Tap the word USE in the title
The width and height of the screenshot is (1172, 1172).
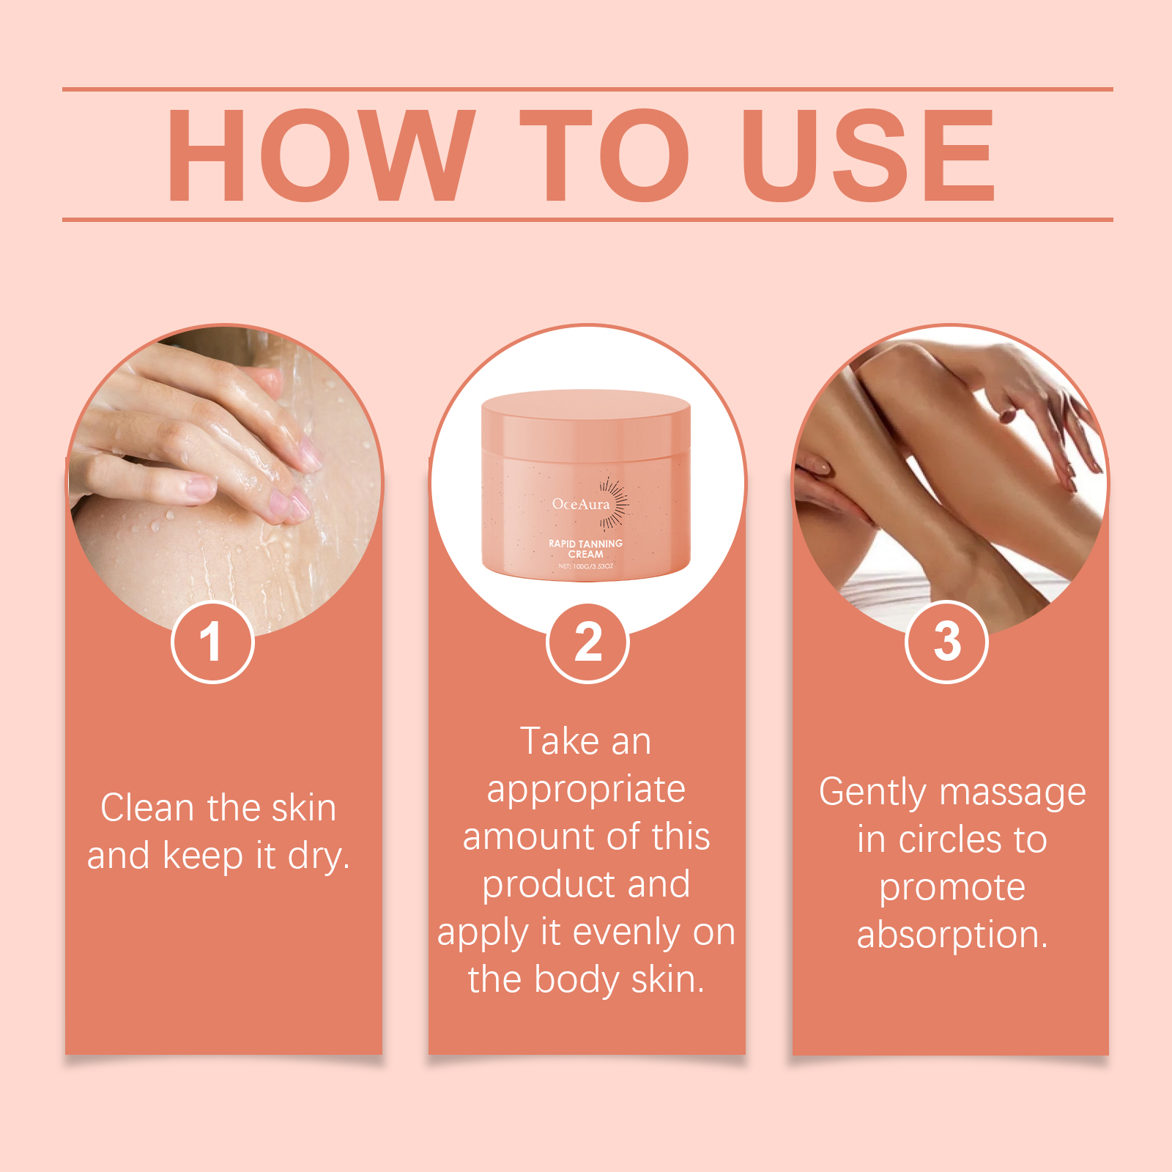click(x=869, y=155)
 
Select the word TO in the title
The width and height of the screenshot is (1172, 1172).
click(x=605, y=155)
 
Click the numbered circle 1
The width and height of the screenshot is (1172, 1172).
click(x=212, y=642)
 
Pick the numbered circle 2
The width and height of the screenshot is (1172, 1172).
click(x=587, y=642)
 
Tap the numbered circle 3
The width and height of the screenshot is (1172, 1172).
click(x=947, y=642)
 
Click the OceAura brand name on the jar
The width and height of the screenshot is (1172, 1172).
click(x=581, y=504)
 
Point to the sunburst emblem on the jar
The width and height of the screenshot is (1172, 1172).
click(x=614, y=502)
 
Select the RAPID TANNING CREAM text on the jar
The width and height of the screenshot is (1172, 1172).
click(x=585, y=549)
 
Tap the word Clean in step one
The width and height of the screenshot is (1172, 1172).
click(x=147, y=808)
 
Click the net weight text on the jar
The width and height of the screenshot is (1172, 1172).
click(x=585, y=566)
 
